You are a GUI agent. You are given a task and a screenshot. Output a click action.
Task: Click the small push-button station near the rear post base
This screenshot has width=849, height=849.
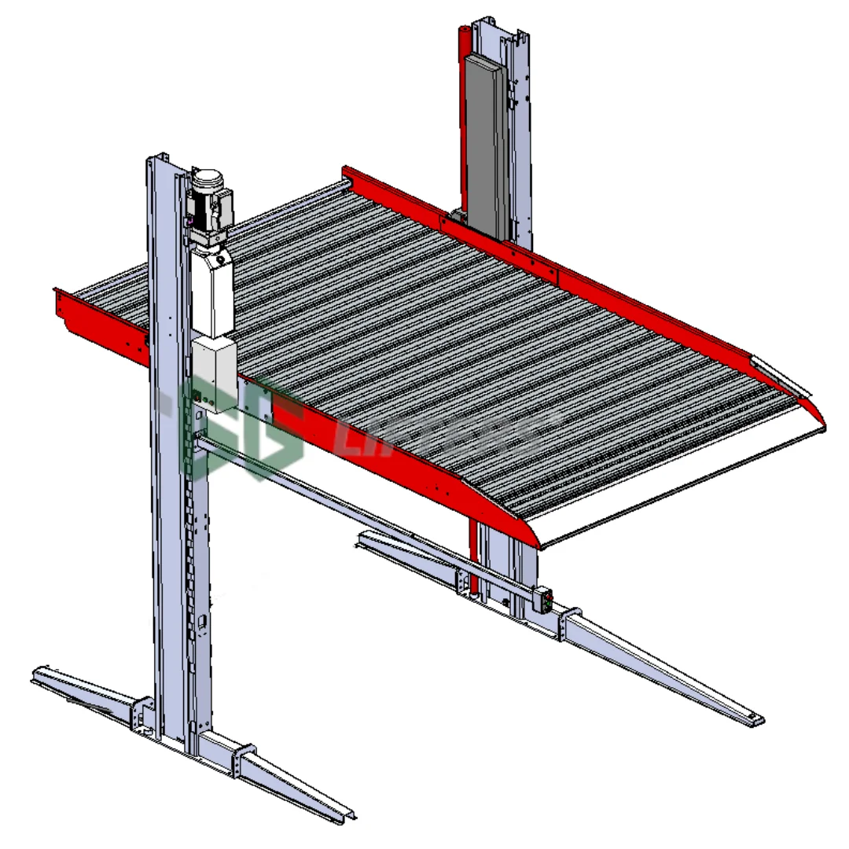542,600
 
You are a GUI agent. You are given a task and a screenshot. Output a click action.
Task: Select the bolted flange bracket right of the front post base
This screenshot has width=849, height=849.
245,761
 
